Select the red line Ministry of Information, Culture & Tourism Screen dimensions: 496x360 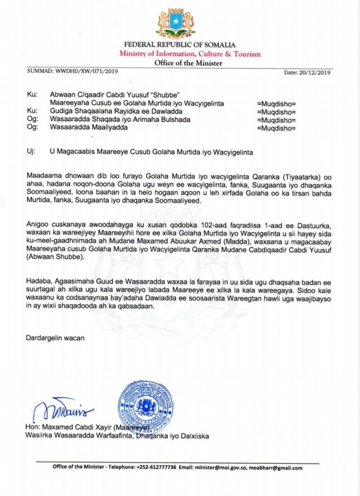pos(190,54)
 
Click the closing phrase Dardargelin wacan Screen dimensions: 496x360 pos(55,338)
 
